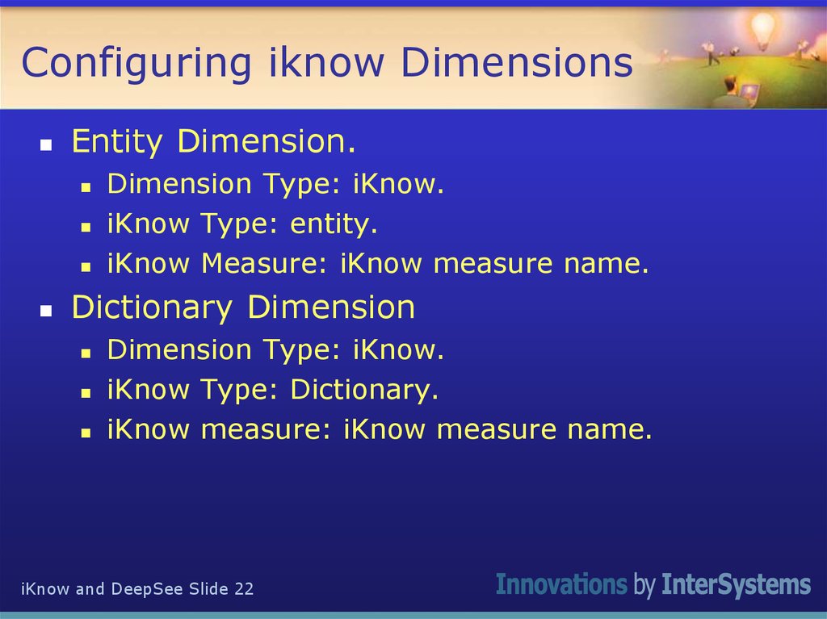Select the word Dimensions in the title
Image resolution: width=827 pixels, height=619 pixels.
pyautogui.click(x=517, y=63)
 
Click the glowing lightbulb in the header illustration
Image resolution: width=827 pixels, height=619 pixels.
pyautogui.click(x=762, y=29)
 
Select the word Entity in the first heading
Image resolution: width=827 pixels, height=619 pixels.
pyautogui.click(x=116, y=143)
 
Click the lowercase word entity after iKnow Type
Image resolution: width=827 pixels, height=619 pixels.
pyautogui.click(x=334, y=224)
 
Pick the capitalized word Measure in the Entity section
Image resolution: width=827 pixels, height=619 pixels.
pyautogui.click(x=266, y=263)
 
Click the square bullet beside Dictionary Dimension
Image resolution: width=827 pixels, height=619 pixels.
pyautogui.click(x=46, y=311)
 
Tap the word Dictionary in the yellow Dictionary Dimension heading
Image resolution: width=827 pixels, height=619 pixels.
pyautogui.click(x=151, y=307)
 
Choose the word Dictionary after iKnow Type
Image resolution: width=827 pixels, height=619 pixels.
pyautogui.click(x=363, y=390)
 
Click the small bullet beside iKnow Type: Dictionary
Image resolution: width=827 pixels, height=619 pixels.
pyautogui.click(x=85, y=393)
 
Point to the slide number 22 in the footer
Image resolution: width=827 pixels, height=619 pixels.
pyautogui.click(x=244, y=589)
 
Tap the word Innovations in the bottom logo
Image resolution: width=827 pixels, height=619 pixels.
pyautogui.click(x=561, y=584)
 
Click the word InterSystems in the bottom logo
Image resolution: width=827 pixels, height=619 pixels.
pyautogui.click(x=736, y=584)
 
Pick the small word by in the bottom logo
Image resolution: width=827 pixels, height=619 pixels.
pyautogui.click(x=644, y=586)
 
